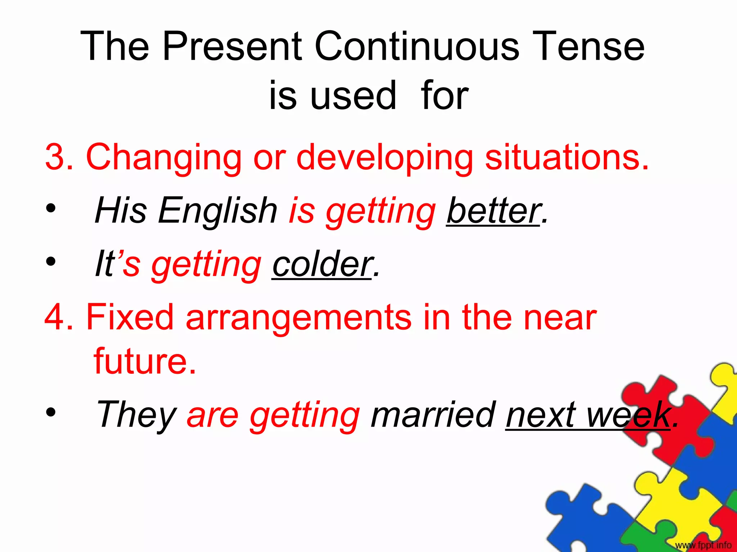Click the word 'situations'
click(566, 157)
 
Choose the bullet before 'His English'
click(51, 208)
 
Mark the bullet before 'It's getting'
click(51, 262)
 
